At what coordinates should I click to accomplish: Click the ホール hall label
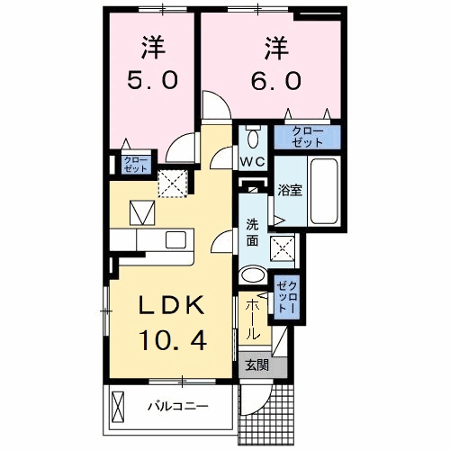pos(255,319)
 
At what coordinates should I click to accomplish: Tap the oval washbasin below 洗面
pos(255,274)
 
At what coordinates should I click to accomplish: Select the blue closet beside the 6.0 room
pos(308,137)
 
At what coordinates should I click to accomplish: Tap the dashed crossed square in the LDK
pos(171,184)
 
